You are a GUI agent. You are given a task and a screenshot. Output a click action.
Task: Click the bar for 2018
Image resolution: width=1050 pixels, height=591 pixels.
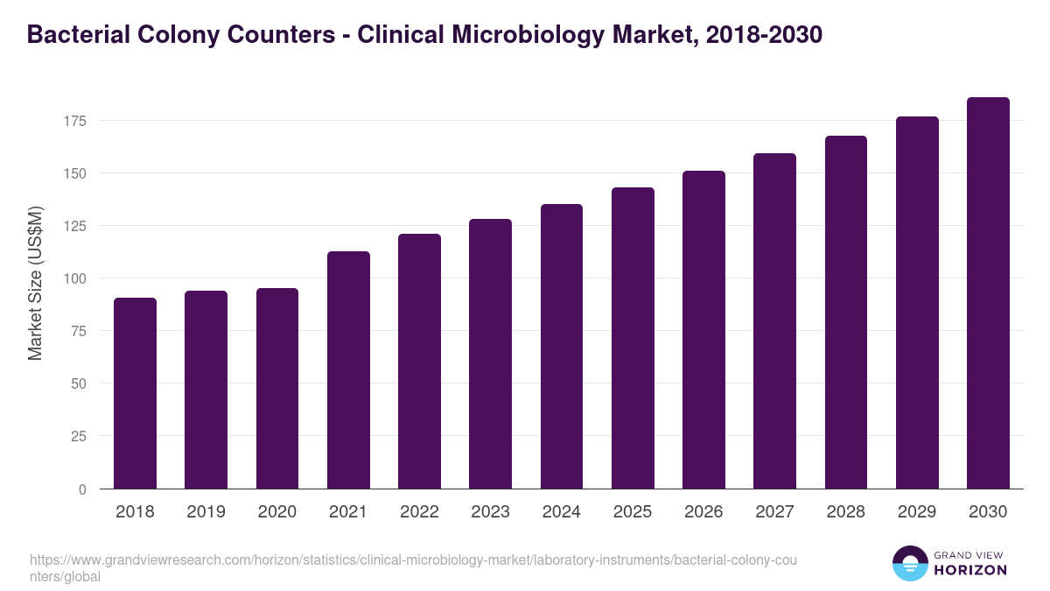pyautogui.click(x=135, y=393)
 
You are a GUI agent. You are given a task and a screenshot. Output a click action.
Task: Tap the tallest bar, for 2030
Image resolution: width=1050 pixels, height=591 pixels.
pyautogui.click(x=988, y=293)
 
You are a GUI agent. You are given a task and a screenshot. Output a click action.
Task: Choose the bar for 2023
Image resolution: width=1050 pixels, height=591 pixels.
pyautogui.click(x=490, y=354)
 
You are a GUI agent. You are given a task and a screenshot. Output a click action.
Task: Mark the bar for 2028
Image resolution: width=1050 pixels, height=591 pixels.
pyautogui.click(x=846, y=313)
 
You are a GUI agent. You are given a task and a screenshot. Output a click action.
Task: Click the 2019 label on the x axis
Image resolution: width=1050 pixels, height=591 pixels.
pyautogui.click(x=206, y=512)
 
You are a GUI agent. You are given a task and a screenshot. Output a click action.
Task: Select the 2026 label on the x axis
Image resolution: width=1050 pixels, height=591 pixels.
pyautogui.click(x=703, y=512)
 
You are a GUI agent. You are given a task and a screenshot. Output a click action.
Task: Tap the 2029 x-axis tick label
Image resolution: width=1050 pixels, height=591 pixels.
pyautogui.click(x=917, y=512)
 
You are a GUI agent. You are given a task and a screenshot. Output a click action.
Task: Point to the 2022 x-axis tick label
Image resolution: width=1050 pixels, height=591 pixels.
pyautogui.click(x=419, y=512)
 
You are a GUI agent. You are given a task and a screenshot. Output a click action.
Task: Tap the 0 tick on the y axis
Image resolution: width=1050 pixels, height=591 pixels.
pyautogui.click(x=82, y=489)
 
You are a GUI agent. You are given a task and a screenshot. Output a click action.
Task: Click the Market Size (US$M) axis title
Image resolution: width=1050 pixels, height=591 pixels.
pyautogui.click(x=35, y=282)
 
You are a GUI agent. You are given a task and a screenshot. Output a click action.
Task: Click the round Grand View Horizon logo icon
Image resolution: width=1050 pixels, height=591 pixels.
pyautogui.click(x=909, y=563)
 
